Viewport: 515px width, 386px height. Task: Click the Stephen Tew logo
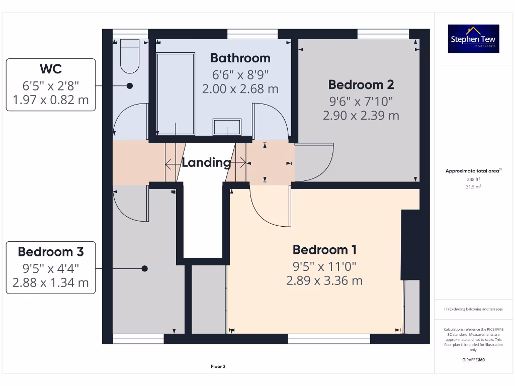click(x=473, y=39)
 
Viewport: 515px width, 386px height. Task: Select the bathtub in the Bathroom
click(x=176, y=93)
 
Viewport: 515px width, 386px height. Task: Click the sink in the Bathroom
click(x=226, y=127)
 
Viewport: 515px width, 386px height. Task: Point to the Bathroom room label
click(x=240, y=58)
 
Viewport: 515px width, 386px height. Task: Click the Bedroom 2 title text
click(x=361, y=84)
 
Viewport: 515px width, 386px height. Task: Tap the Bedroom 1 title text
click(x=324, y=250)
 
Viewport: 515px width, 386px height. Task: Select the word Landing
click(x=206, y=162)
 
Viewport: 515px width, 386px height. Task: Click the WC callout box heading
click(x=50, y=68)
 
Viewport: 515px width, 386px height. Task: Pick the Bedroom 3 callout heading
click(x=50, y=251)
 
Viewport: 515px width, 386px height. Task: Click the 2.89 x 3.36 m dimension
click(x=324, y=281)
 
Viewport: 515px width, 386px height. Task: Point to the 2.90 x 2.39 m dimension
click(x=361, y=116)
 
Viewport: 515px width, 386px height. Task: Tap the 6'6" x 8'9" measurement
click(x=240, y=74)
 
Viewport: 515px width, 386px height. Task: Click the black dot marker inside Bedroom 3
click(x=144, y=268)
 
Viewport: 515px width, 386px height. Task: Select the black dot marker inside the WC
click(x=129, y=86)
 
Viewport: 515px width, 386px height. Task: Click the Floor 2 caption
click(x=218, y=366)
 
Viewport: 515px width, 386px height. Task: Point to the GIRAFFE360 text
click(x=473, y=360)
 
